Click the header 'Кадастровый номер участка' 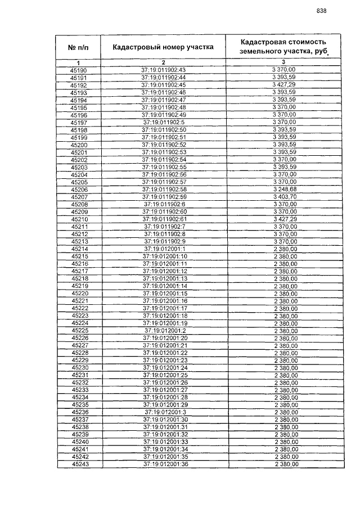pyautogui.click(x=163, y=47)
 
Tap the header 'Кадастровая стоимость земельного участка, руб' pyautogui.click(x=283, y=47)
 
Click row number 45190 pyautogui.click(x=79, y=70)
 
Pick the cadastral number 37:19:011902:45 pyautogui.click(x=164, y=85)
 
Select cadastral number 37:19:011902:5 pyautogui.click(x=164, y=122)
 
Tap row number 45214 pyautogui.click(x=79, y=249)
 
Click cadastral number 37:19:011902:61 pyautogui.click(x=164, y=219)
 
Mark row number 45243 pyautogui.click(x=79, y=465)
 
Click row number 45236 pyautogui.click(x=79, y=412)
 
